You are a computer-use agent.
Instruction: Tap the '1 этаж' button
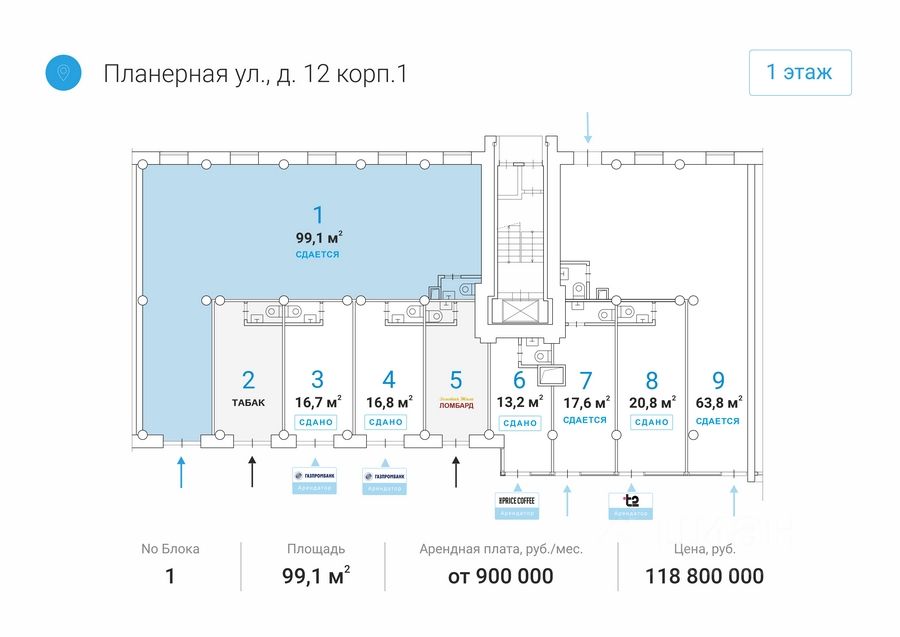(800, 72)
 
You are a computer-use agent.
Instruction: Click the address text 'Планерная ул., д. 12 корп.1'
(255, 73)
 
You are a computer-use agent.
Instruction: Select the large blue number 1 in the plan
(318, 214)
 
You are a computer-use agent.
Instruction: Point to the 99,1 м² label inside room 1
(318, 238)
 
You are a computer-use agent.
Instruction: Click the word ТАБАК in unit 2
(249, 403)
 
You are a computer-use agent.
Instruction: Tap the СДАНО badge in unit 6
(520, 423)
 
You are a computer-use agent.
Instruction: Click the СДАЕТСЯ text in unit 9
(718, 421)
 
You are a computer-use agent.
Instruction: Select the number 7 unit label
(586, 381)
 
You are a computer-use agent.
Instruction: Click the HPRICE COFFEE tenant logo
(516, 499)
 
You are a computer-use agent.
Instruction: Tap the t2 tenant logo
(631, 499)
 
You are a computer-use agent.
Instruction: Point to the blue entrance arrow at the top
(589, 127)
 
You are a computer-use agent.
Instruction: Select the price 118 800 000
(705, 576)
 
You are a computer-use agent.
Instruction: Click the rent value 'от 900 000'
(501, 576)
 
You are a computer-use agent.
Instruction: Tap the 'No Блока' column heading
(170, 549)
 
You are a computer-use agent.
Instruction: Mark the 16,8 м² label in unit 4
(388, 402)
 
